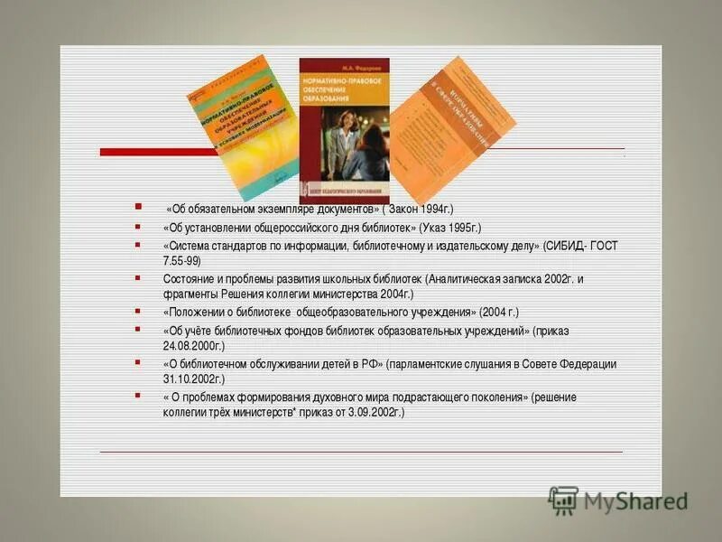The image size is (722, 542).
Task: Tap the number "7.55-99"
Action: [x=180, y=260]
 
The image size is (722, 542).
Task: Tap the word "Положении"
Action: [x=194, y=312]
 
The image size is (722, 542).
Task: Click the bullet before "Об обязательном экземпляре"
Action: [x=137, y=206]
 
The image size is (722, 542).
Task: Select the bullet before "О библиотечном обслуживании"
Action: [x=137, y=361]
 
